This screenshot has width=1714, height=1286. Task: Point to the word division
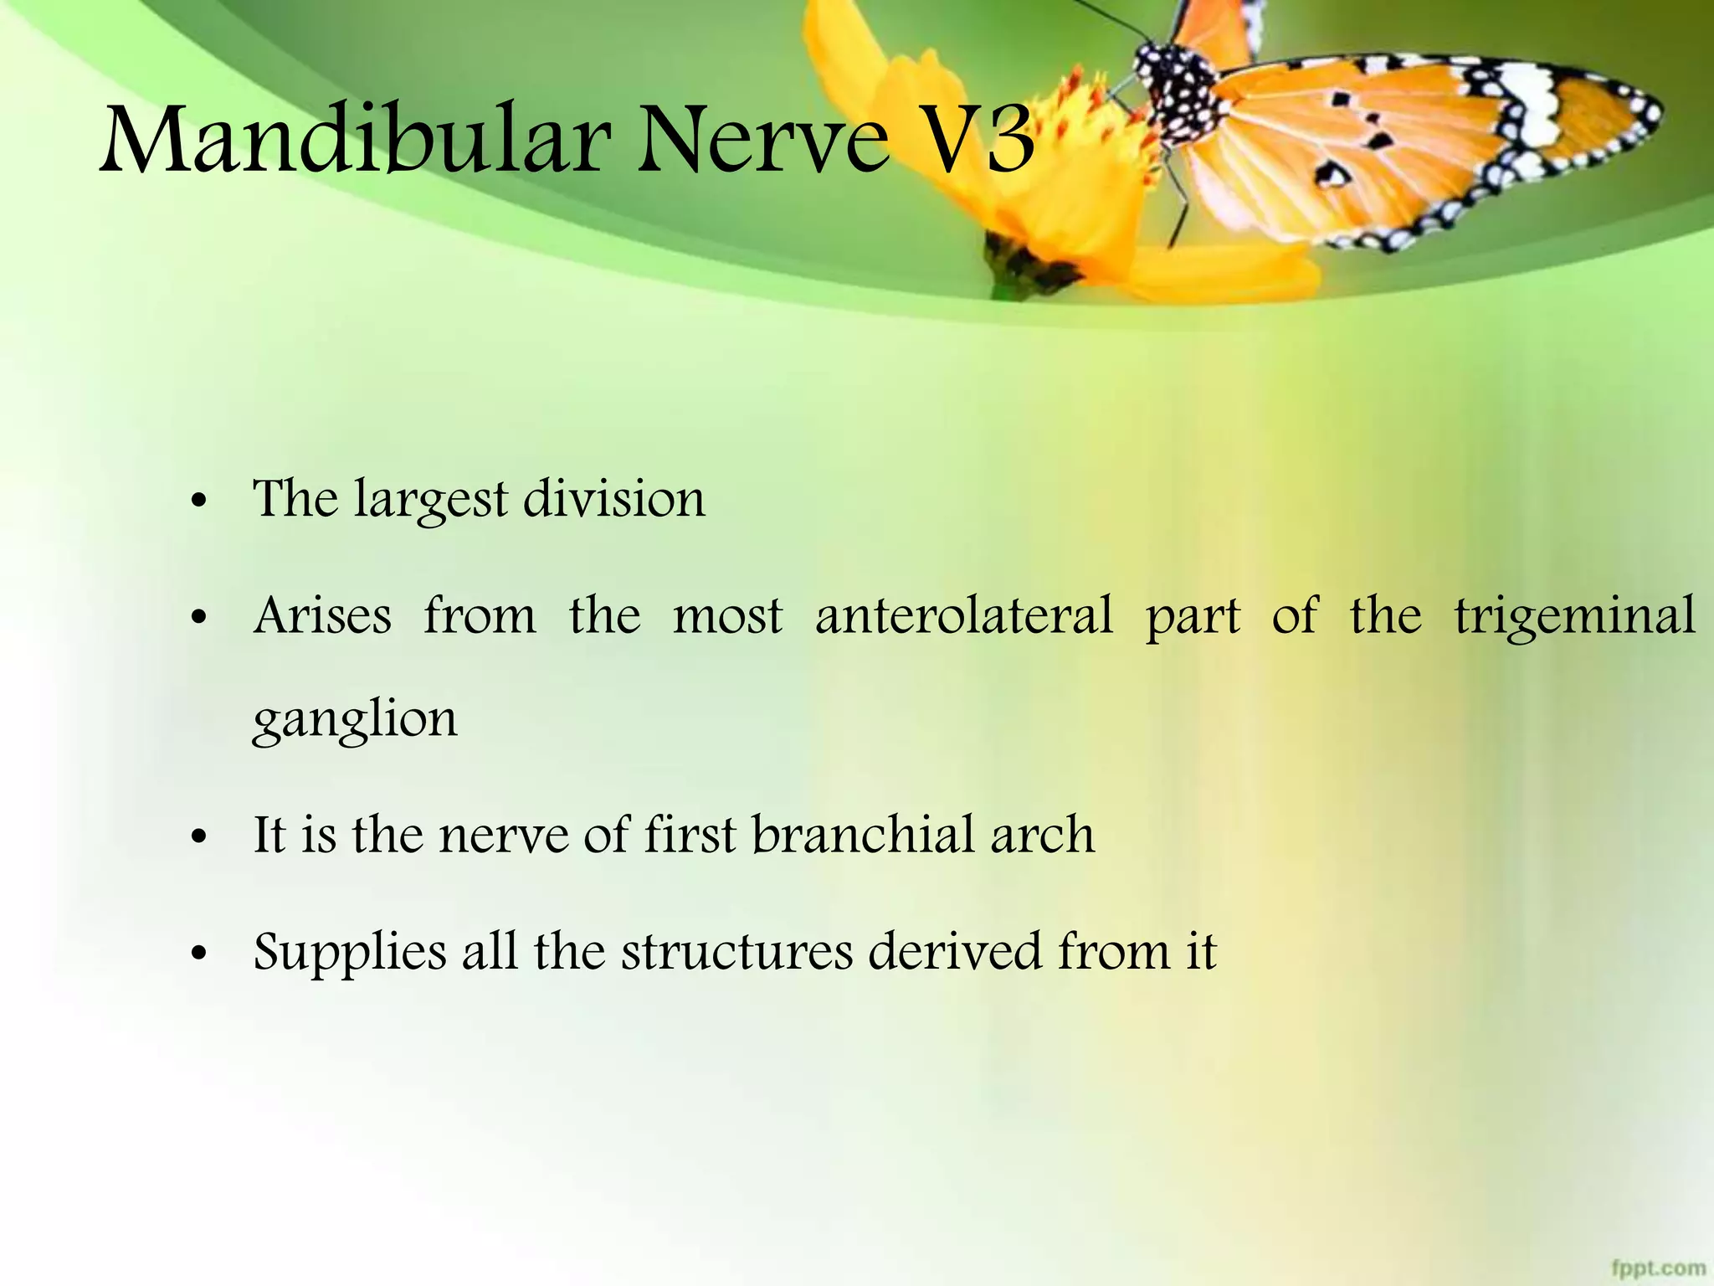pyautogui.click(x=614, y=500)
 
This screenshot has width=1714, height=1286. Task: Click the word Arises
pyautogui.click(x=322, y=616)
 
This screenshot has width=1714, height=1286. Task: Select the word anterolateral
pyautogui.click(x=963, y=616)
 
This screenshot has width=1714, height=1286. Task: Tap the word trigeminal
pyautogui.click(x=1574, y=618)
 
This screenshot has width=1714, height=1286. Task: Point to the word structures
pyautogui.click(x=736, y=953)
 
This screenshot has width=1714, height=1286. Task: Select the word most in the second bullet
pyautogui.click(x=727, y=618)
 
